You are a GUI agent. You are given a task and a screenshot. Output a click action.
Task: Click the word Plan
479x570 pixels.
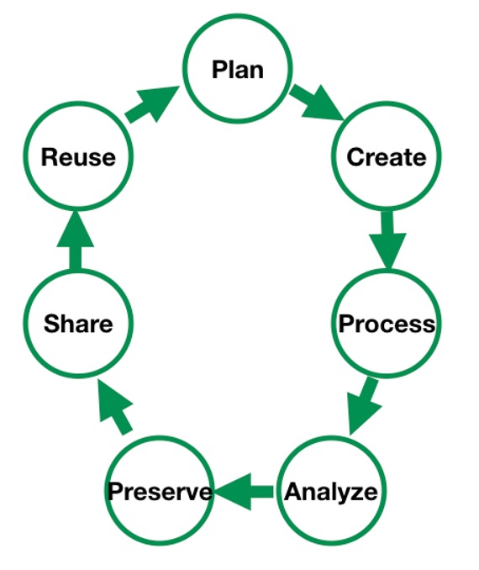[x=238, y=70]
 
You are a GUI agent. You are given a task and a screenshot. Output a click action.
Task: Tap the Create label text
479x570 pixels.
[x=387, y=157]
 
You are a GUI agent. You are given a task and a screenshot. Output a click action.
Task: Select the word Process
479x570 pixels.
[x=387, y=324]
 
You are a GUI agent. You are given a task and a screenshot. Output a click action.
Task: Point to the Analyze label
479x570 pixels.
[x=331, y=493]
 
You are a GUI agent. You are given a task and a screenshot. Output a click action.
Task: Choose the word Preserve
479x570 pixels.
[x=160, y=492]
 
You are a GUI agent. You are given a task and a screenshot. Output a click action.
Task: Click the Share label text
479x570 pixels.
[x=78, y=324]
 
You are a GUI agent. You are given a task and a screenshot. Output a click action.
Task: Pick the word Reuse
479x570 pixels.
[x=78, y=157]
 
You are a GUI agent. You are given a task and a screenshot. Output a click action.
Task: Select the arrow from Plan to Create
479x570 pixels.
[x=318, y=102]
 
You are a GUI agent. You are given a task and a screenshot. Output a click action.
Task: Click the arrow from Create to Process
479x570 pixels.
[x=387, y=240]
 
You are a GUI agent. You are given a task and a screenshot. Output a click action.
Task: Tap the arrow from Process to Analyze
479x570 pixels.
[x=364, y=405]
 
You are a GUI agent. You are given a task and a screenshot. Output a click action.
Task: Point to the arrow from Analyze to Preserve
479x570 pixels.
[x=244, y=492]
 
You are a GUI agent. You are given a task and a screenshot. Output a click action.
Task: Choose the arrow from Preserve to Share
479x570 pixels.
[x=116, y=407]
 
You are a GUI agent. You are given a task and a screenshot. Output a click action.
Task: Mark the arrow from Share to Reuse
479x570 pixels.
[x=76, y=240]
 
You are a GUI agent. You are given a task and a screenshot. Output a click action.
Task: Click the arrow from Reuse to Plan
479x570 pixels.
[x=153, y=104]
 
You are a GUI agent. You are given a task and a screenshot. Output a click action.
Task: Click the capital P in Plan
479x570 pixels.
[x=219, y=70]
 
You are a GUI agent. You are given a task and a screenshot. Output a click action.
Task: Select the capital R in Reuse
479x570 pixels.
[x=49, y=157]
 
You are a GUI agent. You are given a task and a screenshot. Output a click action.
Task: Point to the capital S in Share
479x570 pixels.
[x=52, y=324]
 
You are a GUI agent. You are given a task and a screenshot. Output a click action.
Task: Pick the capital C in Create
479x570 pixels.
[x=355, y=157]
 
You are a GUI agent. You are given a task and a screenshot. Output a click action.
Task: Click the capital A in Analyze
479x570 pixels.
[x=293, y=492]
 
